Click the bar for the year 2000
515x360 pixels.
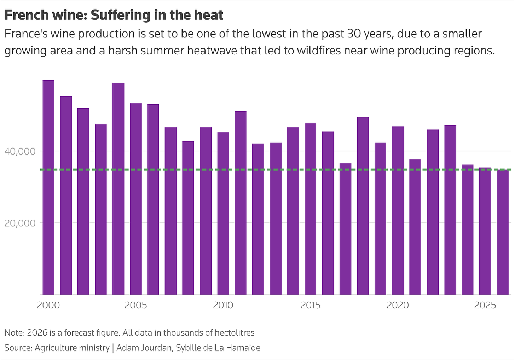coord(48,187)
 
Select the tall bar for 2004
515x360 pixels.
coord(118,188)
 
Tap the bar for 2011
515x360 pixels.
coord(241,203)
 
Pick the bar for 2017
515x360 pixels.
coord(345,229)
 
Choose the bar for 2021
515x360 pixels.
coord(415,227)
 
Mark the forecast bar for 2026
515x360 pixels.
coord(503,232)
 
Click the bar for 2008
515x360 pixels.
coord(188,218)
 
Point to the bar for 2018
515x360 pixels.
coord(363,206)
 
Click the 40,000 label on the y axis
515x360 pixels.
coord(20,151)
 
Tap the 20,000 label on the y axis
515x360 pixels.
coord(20,223)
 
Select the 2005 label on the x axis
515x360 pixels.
coord(136,305)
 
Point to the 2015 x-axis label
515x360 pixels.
coord(311,305)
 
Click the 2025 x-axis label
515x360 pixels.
coord(485,305)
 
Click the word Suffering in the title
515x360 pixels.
coord(120,16)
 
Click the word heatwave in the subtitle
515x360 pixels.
coord(212,51)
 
